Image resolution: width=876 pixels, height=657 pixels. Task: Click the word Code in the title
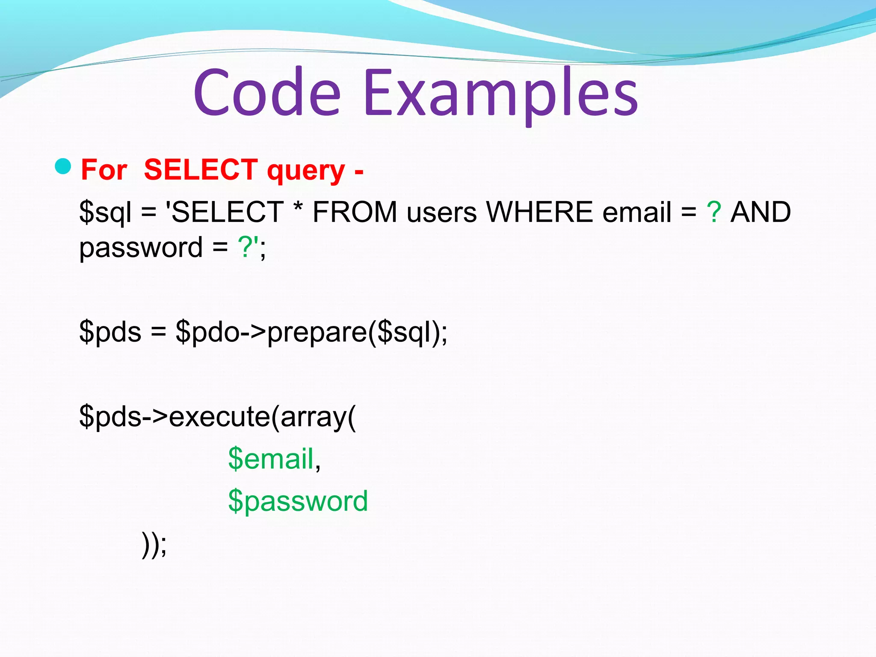tap(267, 93)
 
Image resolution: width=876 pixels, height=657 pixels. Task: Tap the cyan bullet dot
tap(63, 166)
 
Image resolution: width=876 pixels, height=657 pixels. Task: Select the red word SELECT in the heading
tap(201, 170)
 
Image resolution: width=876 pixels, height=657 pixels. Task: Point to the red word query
tap(305, 171)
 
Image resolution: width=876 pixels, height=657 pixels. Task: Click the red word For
tap(104, 170)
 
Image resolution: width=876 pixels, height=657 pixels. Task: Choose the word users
tap(441, 213)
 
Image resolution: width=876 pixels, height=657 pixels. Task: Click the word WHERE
tap(539, 212)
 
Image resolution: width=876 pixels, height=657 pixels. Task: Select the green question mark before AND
tap(713, 212)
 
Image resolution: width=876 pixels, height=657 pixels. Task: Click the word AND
tap(761, 212)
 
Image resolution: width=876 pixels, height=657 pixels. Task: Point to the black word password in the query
tap(141, 248)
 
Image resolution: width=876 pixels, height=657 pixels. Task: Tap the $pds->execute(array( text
tap(217, 417)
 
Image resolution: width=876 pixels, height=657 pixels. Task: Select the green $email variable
tap(271, 459)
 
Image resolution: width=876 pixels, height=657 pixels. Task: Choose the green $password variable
tap(298, 501)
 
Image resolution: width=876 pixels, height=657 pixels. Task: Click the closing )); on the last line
tap(154, 544)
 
